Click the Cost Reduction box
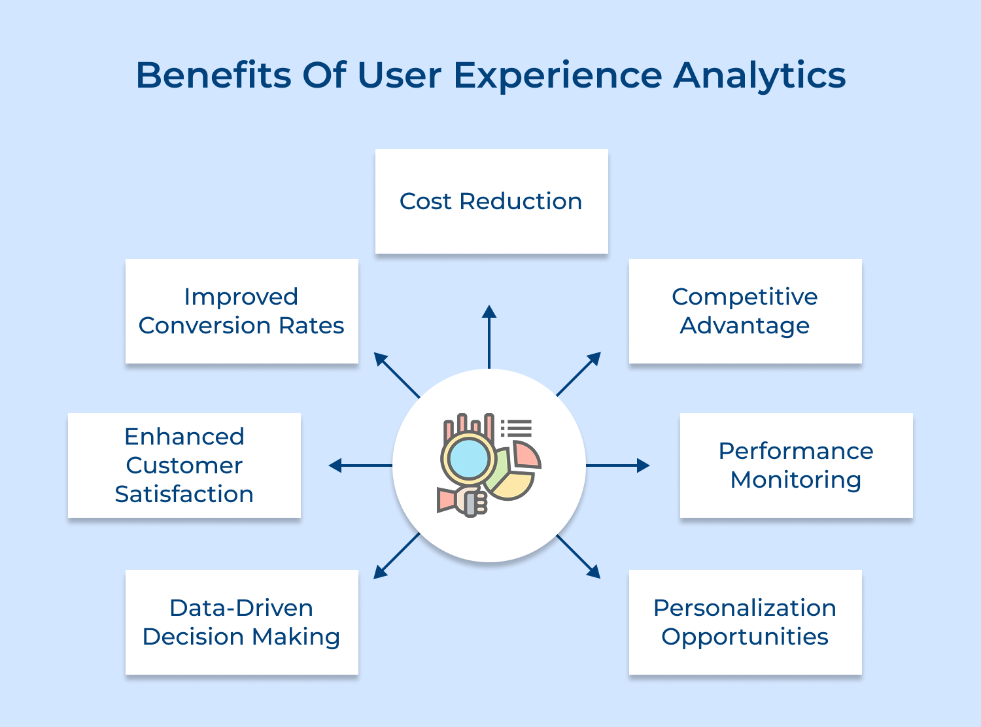[x=491, y=201]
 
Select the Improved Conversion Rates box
[x=241, y=311]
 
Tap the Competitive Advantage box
[x=745, y=311]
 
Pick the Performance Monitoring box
[x=796, y=465]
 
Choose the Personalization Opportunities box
[x=745, y=622]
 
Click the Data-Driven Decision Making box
[x=241, y=622]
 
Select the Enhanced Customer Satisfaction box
[x=184, y=465]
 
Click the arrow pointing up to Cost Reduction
[x=489, y=337]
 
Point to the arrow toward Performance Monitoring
[x=618, y=465]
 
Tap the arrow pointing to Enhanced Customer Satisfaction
[x=360, y=465]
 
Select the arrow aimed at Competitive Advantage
[x=579, y=374]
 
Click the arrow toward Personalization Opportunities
[x=579, y=557]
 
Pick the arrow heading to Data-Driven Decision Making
[x=396, y=556]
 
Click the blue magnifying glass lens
[x=468, y=458]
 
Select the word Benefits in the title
[x=213, y=75]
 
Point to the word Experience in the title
[x=558, y=75]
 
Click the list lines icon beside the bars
[x=517, y=428]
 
